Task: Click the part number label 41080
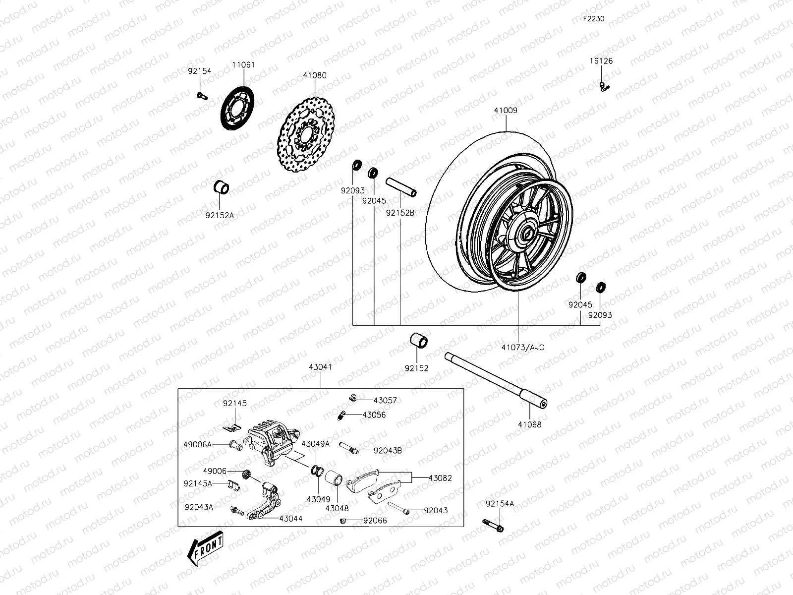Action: [x=315, y=76]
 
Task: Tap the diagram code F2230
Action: [x=593, y=19]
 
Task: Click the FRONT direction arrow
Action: [x=205, y=549]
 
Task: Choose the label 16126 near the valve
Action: [x=601, y=61]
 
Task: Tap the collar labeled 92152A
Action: [x=221, y=188]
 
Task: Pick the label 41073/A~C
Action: [x=522, y=347]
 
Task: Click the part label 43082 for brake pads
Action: [x=440, y=478]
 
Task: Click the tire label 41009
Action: [x=505, y=111]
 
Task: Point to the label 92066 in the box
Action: [x=375, y=521]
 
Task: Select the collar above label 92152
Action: [x=419, y=342]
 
